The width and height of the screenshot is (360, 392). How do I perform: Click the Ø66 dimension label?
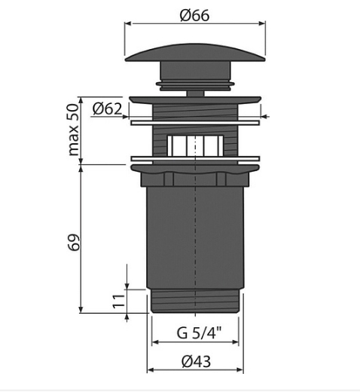coord(194,16)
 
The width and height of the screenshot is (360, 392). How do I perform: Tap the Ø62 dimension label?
coord(107,109)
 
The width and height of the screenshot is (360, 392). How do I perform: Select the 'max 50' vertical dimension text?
coord(73,130)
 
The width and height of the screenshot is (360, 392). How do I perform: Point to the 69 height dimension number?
coord(73,243)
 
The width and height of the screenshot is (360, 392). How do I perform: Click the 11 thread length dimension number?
coord(118,302)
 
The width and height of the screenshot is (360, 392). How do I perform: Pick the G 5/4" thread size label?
coord(200,332)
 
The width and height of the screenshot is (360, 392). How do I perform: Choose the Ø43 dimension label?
coord(196,362)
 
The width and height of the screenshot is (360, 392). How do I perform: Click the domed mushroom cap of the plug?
coord(195,53)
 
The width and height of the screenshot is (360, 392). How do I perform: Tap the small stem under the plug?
coord(195,93)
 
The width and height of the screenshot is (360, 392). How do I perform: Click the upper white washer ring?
coord(195,123)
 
